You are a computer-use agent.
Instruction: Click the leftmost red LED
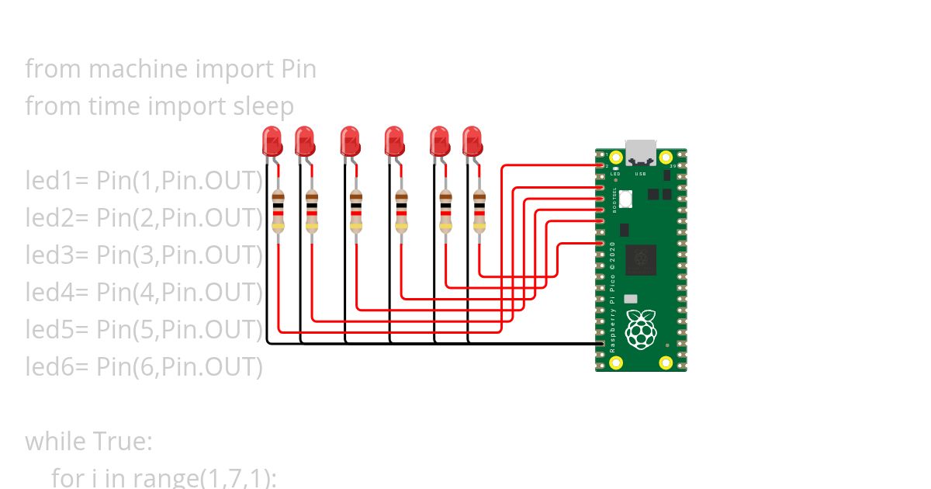coord(272,140)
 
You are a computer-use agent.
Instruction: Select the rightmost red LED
coord(472,140)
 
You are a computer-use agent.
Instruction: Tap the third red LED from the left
coord(350,140)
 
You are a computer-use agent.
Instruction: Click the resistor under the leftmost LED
coord(279,211)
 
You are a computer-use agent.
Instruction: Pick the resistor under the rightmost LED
coord(480,211)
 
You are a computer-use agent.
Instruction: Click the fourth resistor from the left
coord(401,211)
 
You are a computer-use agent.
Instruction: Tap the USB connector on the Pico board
coord(641,152)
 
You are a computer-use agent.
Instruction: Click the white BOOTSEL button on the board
coord(625,199)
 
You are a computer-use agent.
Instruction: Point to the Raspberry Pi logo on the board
coord(641,330)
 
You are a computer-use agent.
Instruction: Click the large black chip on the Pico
coord(641,259)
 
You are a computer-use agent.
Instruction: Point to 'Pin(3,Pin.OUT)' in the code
coord(180,255)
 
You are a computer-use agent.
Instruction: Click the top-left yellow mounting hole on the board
coord(616,158)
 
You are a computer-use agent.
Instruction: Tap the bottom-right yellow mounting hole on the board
coord(666,362)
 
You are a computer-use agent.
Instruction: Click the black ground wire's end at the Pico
coord(600,343)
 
